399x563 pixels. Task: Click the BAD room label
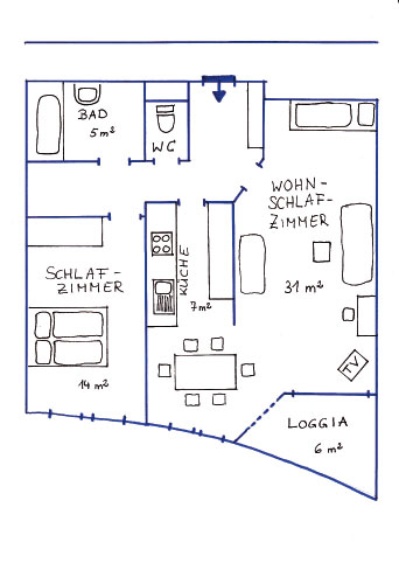[x=93, y=114]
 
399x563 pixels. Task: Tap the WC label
[x=164, y=147]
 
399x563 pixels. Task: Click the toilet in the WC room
[x=166, y=118]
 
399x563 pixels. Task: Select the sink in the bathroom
[x=87, y=94]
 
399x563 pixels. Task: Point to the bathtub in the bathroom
[x=48, y=125]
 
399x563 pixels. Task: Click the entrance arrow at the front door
[x=219, y=93]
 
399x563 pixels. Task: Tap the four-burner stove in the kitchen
[x=162, y=244]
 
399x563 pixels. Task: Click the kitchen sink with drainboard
[x=164, y=297]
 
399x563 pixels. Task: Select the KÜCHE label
[x=184, y=271]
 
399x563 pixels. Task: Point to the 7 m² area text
[x=200, y=307]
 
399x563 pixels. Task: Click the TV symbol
[x=353, y=365]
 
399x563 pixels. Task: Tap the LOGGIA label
[x=317, y=423]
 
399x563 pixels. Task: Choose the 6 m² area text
[x=328, y=448]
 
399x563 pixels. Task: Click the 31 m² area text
[x=303, y=287]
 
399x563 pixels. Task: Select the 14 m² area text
[x=93, y=385]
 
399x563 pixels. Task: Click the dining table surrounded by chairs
[x=206, y=372]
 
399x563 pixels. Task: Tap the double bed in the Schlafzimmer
[x=68, y=337]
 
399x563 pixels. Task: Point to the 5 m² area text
[x=102, y=132]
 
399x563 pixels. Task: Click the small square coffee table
[x=321, y=252]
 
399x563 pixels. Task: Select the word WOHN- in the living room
[x=297, y=186]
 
